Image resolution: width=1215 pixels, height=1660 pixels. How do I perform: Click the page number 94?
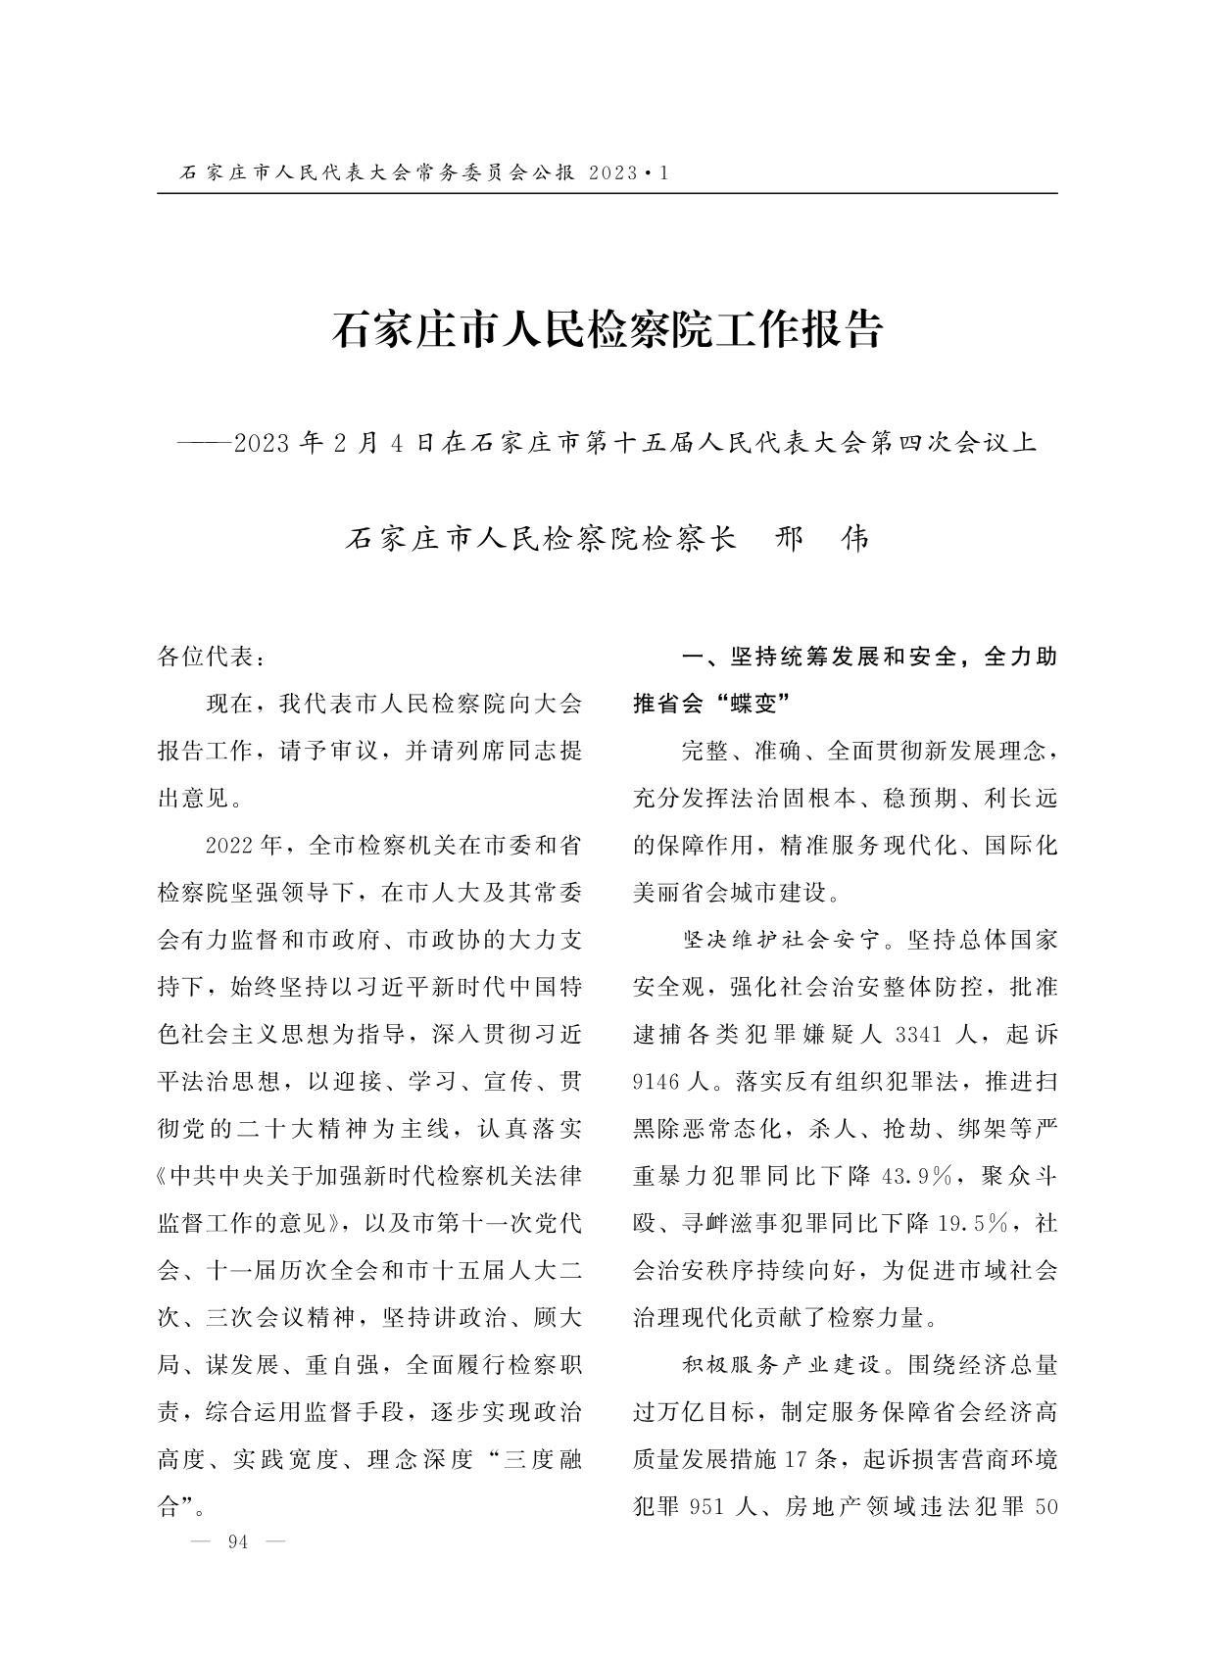237,1541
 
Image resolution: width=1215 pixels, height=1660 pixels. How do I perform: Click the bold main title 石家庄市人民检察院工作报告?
607,330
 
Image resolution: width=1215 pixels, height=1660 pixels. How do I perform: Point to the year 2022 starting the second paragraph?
229,846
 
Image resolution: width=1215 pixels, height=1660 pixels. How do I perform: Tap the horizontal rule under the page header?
607,193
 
